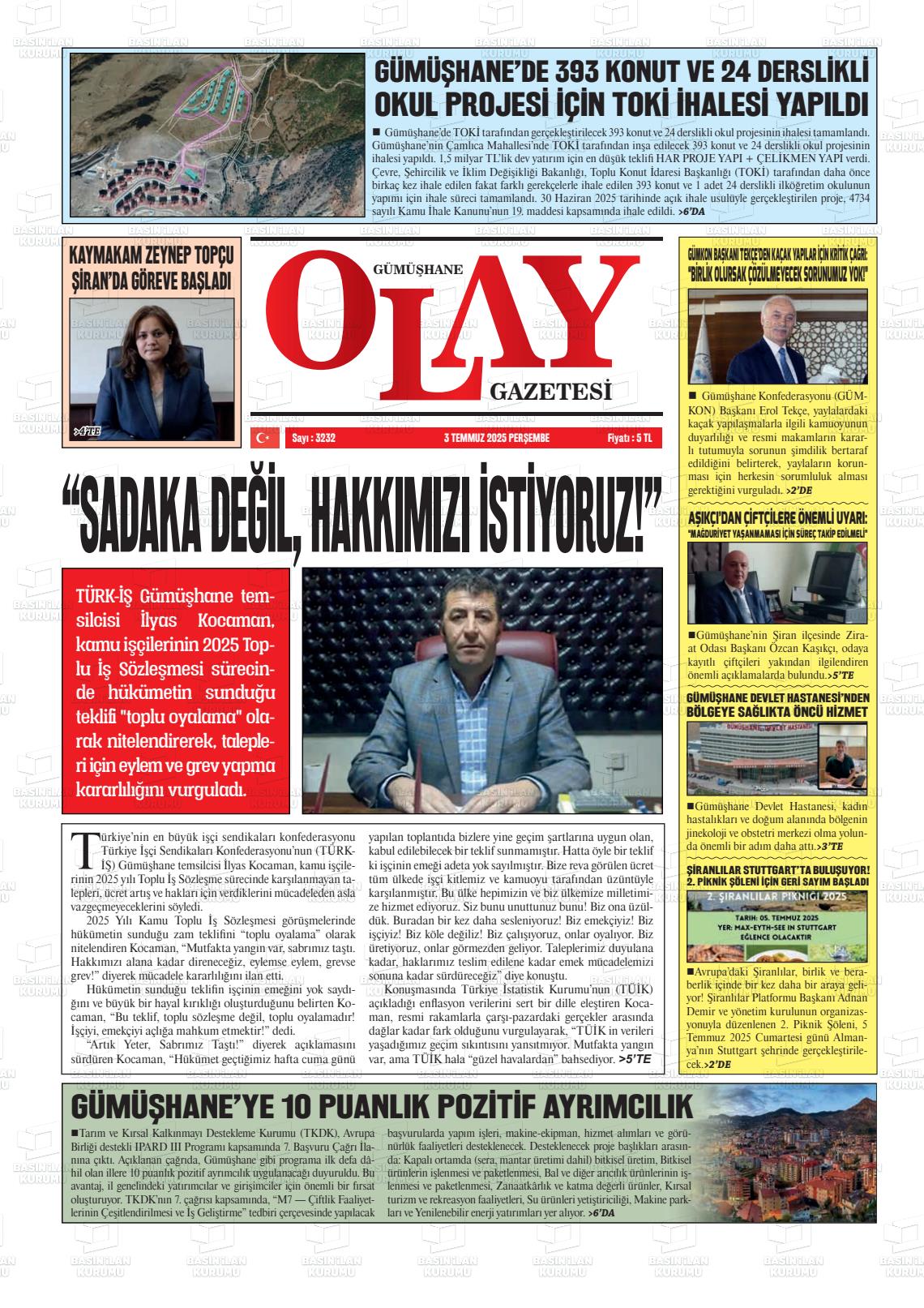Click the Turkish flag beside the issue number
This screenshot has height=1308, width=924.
262,438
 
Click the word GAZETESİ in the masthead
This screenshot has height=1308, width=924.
550,393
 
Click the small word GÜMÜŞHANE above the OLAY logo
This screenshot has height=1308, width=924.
417,268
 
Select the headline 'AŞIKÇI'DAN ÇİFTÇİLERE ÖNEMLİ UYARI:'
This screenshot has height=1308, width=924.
777,518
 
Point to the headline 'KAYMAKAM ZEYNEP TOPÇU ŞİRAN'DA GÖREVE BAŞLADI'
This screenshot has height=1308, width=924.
152,268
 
